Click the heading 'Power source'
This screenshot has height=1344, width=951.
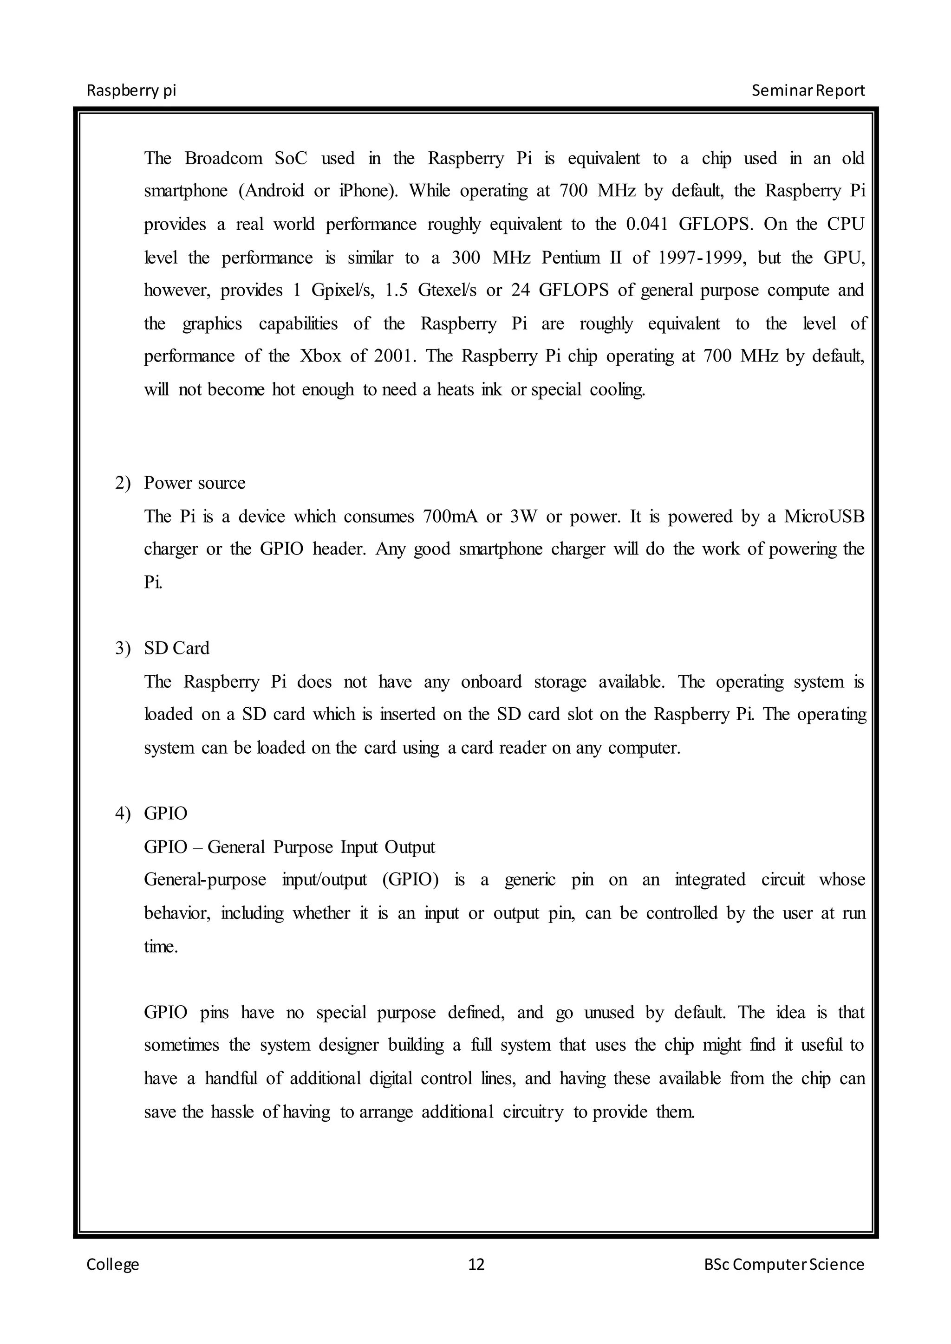click(195, 483)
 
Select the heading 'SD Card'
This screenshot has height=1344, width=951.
click(176, 648)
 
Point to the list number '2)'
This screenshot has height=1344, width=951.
click(123, 483)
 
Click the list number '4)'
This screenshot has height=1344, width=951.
click(123, 814)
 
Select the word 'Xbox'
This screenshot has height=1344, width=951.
click(320, 356)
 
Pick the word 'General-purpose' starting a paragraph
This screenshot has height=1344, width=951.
click(204, 880)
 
